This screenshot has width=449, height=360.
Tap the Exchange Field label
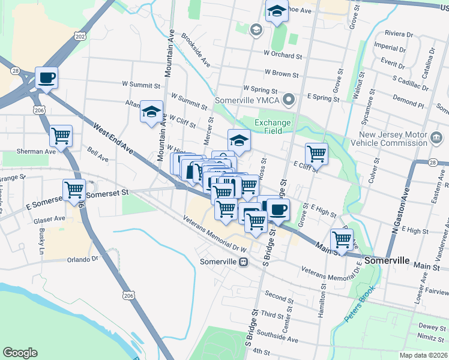pos(273,127)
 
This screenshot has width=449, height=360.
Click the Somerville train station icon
pos(244,262)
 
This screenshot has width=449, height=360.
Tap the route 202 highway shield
pos(80,37)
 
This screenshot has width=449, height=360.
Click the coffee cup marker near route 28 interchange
pos(46,78)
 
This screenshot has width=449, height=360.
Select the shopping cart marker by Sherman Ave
pos(61,136)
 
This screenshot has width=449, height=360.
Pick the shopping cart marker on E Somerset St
pos(74,190)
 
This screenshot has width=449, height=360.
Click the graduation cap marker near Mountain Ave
pos(151,111)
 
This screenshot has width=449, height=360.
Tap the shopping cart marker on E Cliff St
pos(316,154)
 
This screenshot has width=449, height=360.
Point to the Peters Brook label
pos(360,303)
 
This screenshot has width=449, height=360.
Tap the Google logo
pos(20,353)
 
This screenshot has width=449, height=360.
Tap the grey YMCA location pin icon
pos(289,100)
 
